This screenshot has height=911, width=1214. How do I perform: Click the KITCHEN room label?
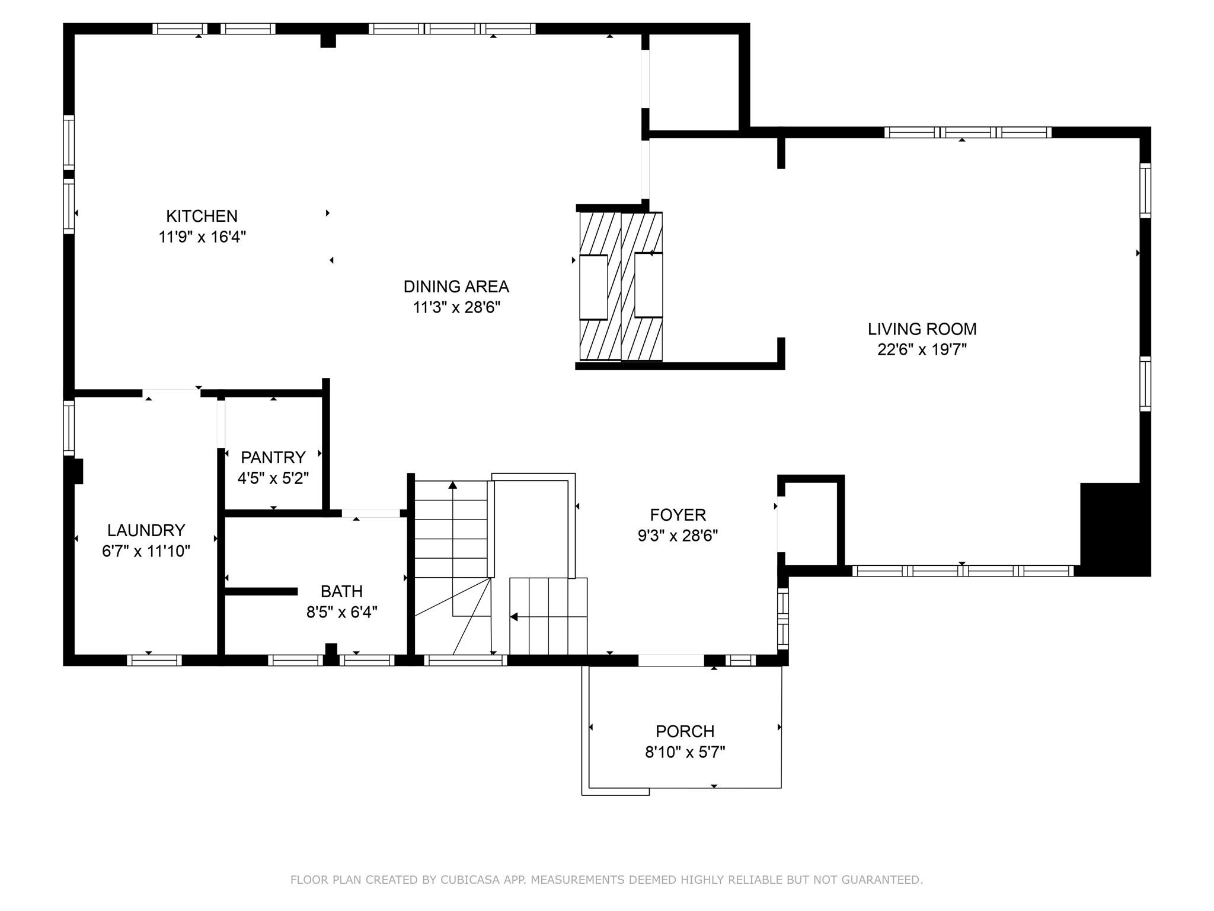(x=202, y=216)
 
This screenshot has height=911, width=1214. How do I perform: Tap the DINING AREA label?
(x=456, y=286)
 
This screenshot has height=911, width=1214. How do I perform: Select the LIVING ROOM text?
(x=922, y=329)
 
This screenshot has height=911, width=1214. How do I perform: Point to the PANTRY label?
(x=273, y=457)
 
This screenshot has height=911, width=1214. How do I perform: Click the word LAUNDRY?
(x=146, y=530)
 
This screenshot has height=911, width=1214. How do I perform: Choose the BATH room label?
(x=341, y=591)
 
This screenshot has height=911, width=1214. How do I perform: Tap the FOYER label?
(x=678, y=514)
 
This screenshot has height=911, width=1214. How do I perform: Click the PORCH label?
(x=685, y=731)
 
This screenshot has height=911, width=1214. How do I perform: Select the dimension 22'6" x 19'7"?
(x=922, y=350)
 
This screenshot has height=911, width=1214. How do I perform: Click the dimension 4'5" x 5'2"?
(x=273, y=478)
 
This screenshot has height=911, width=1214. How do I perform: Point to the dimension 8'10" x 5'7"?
(x=685, y=752)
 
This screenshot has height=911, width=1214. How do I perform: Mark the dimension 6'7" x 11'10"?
(x=146, y=551)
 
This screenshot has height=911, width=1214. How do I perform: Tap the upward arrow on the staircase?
(x=453, y=485)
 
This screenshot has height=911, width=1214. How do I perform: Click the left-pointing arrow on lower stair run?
(x=514, y=617)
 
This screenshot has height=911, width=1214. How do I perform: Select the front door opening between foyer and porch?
(x=670, y=660)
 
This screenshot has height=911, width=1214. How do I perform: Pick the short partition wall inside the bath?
(x=261, y=591)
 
